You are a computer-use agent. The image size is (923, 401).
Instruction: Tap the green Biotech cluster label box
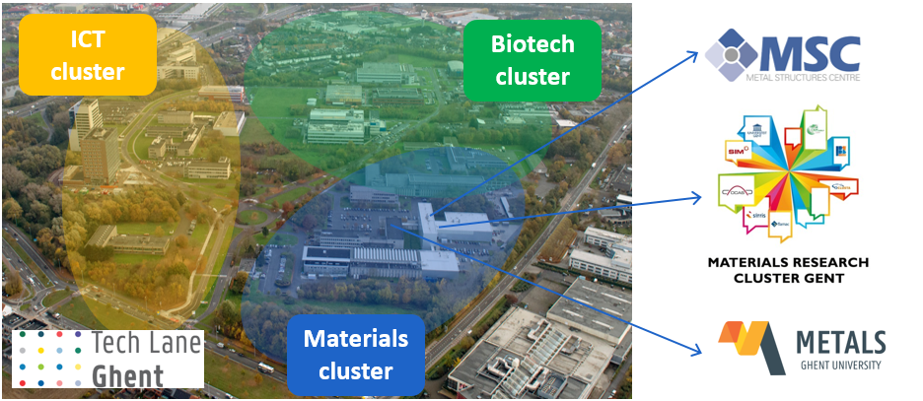click(532, 59)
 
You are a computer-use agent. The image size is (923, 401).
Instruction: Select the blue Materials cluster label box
click(355, 355)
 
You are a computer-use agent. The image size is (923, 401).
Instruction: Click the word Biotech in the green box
click(532, 44)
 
